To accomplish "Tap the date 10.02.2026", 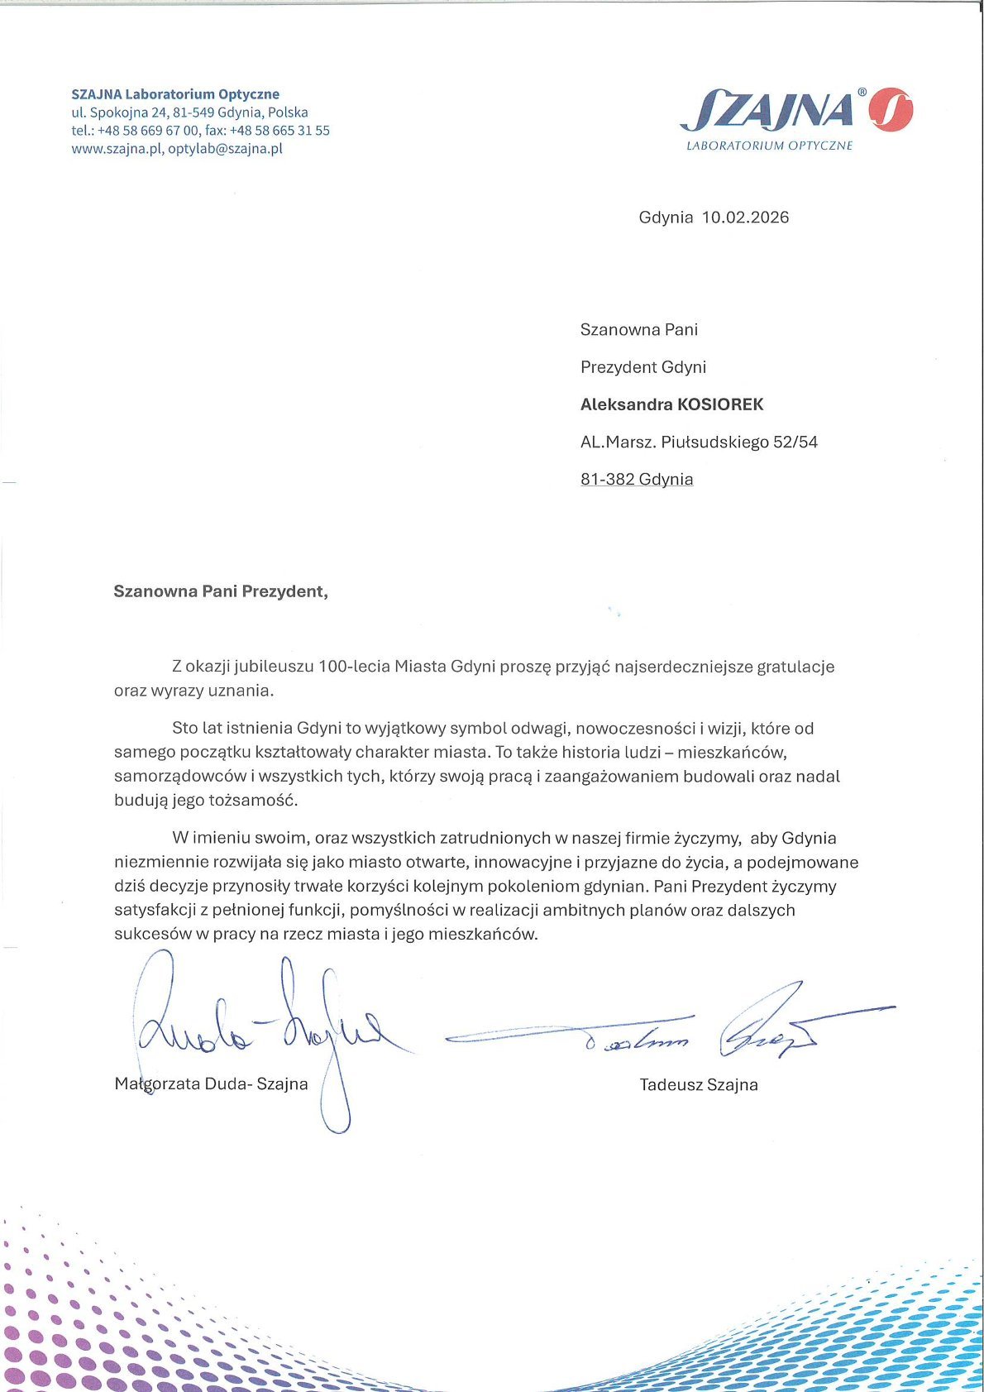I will (745, 218).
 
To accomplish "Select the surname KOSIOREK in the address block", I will (720, 404).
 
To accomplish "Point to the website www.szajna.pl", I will (116, 149).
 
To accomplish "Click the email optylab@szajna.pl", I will (225, 149).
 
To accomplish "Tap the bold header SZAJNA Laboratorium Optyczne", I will (175, 94).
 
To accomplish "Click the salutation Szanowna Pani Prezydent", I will (220, 591).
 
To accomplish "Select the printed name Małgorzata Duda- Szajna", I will (211, 1083).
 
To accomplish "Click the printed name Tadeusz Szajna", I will (699, 1084).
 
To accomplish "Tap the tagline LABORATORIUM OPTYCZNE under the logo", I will (769, 146).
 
